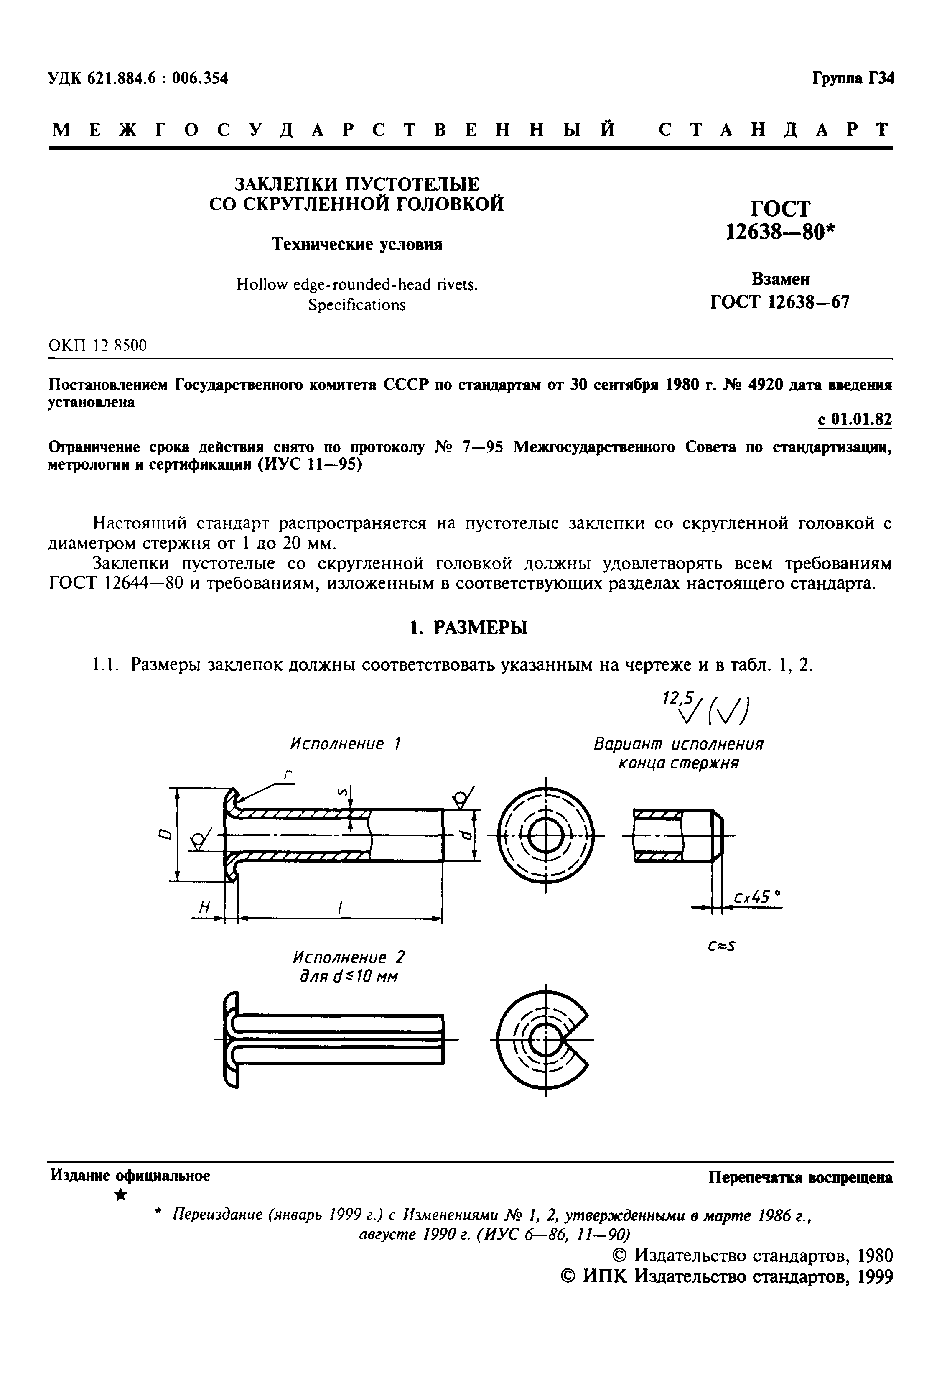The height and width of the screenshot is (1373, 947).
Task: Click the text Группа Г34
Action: pyautogui.click(x=852, y=78)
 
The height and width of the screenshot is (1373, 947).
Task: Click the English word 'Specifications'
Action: pyautogui.click(x=356, y=305)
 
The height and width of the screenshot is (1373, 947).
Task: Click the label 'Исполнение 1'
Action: pyautogui.click(x=345, y=744)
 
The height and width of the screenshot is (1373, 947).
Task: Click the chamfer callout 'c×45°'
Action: pyautogui.click(x=755, y=897)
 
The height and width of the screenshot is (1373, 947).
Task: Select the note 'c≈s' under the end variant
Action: pyautogui.click(x=721, y=946)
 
